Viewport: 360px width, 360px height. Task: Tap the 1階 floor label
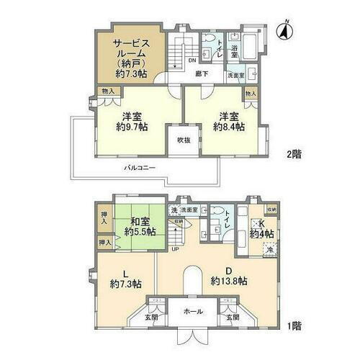pyautogui.click(x=294, y=327)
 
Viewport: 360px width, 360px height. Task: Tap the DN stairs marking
pyautogui.click(x=192, y=60)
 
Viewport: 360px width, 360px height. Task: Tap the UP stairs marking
pyautogui.click(x=175, y=249)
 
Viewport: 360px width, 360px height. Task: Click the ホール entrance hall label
pyautogui.click(x=194, y=312)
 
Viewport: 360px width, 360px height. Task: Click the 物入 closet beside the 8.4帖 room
pyautogui.click(x=251, y=94)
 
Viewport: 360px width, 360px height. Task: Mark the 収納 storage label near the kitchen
pyautogui.click(x=271, y=210)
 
